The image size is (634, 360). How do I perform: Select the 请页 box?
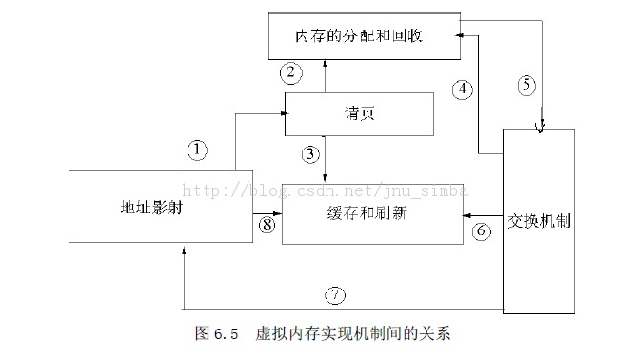tap(360, 112)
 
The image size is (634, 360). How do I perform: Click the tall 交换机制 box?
tap(539, 220)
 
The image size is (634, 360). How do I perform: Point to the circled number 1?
tap(197, 150)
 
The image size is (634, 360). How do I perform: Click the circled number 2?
tap(292, 71)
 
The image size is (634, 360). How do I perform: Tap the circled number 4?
tap(462, 90)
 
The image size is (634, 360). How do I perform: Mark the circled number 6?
tap(482, 230)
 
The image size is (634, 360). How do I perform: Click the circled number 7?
tap(334, 294)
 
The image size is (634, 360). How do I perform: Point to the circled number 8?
tap(267, 226)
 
